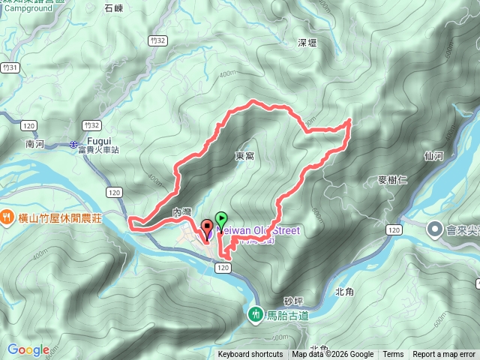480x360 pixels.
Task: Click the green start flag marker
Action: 221,219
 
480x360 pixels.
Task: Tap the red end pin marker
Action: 206,226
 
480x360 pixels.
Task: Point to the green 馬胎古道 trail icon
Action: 256,314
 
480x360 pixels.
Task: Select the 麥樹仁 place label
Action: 393,180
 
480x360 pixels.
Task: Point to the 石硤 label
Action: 114,8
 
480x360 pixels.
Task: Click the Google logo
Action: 28,349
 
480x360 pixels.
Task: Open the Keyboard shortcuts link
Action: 250,355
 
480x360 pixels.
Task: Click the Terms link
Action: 393,355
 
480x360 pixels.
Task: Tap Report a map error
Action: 444,355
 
